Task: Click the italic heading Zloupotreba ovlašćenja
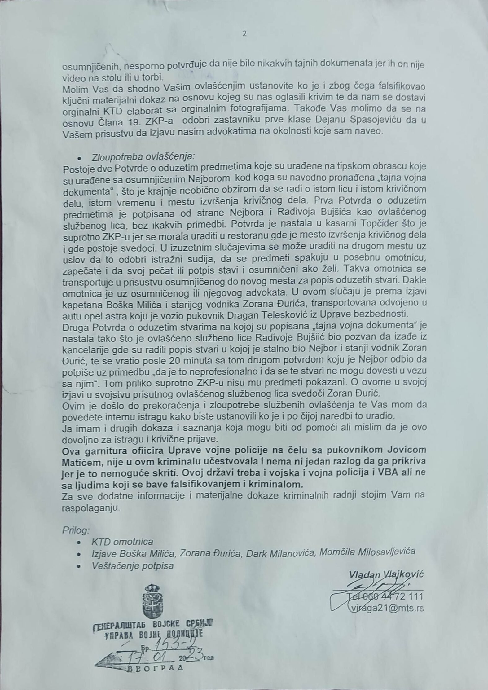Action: (x=143, y=156)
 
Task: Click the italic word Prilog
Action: (x=76, y=530)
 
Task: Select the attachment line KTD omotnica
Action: (x=122, y=542)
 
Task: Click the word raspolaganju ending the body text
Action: (x=90, y=509)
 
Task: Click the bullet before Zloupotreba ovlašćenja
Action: (x=80, y=157)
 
